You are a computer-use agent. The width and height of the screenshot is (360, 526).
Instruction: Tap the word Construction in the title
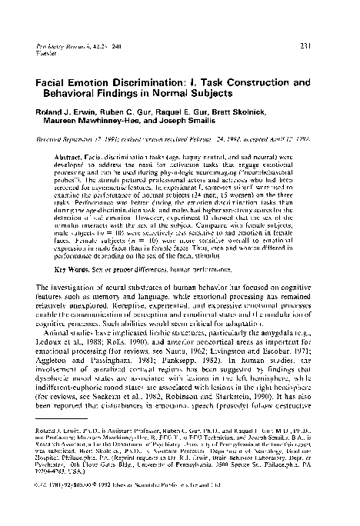(256, 80)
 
